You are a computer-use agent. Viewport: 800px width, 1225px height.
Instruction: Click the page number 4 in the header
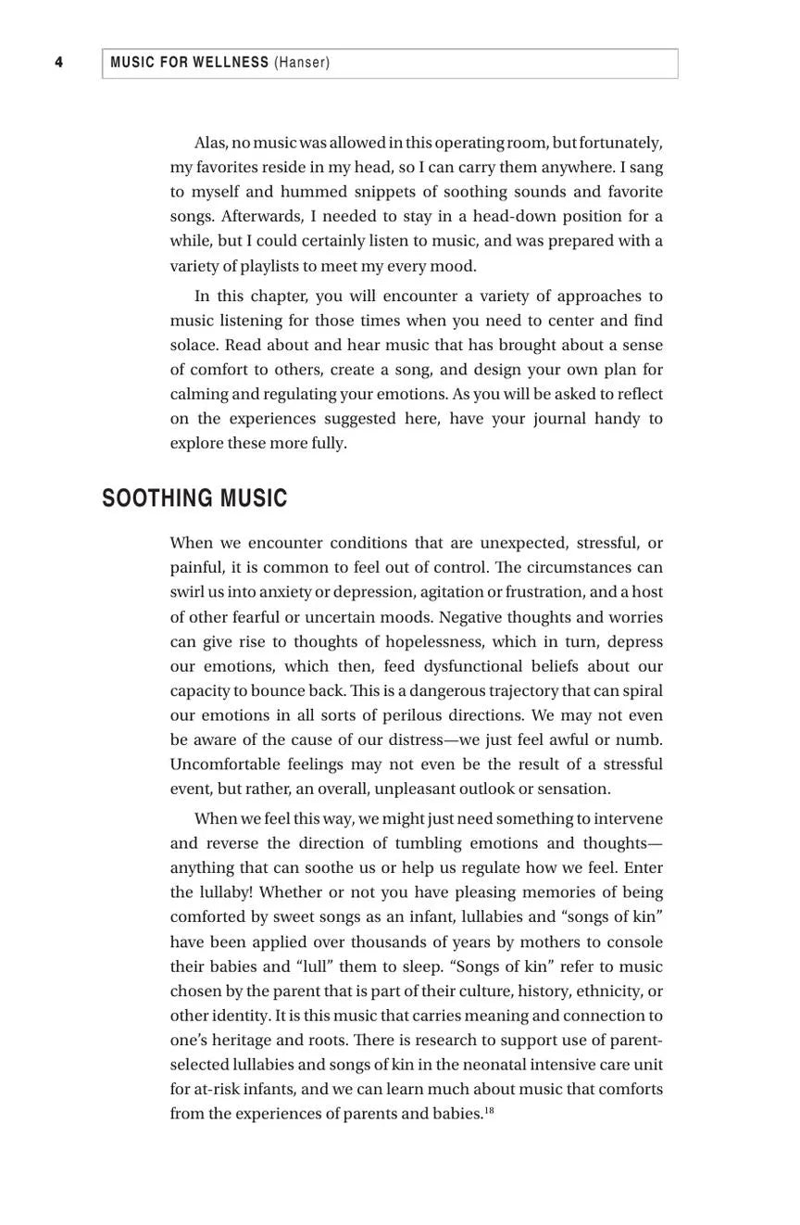(x=59, y=63)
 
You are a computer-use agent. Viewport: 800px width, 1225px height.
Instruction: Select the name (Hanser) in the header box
(x=302, y=63)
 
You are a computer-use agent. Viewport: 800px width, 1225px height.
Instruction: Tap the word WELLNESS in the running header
(x=231, y=63)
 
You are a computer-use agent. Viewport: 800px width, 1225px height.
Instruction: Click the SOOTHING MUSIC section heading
(x=194, y=499)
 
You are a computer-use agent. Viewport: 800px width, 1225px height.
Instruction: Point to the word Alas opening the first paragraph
(x=210, y=143)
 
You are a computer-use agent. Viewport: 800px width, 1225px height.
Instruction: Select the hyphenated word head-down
(x=523, y=216)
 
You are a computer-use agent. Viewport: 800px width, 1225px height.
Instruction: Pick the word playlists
(x=269, y=266)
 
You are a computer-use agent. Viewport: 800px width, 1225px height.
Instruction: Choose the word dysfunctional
(x=474, y=666)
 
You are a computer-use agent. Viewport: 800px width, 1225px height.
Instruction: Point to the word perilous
(x=411, y=715)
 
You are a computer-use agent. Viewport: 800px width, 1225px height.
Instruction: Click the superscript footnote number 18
(x=489, y=1110)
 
